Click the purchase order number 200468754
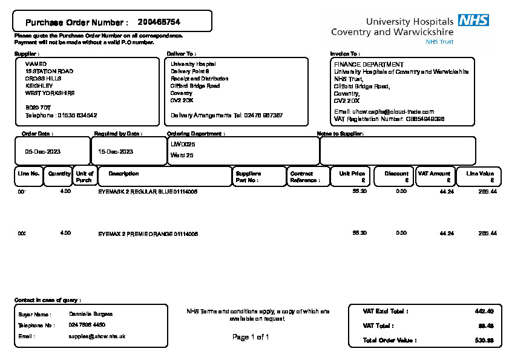(x=159, y=22)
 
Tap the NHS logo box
(x=473, y=21)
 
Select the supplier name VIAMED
(x=36, y=64)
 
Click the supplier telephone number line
(x=61, y=115)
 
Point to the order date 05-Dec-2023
(x=42, y=151)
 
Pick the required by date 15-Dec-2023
(x=116, y=151)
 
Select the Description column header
(x=123, y=174)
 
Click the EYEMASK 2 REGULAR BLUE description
(x=148, y=191)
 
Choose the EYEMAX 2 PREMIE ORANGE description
(x=148, y=234)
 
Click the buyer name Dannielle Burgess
(x=91, y=314)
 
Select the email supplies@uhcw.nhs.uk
(x=97, y=336)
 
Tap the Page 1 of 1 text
(x=251, y=337)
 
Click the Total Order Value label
(x=390, y=340)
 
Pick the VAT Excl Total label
(x=386, y=311)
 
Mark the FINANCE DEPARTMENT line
(x=369, y=64)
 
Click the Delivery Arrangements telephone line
(x=227, y=115)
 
